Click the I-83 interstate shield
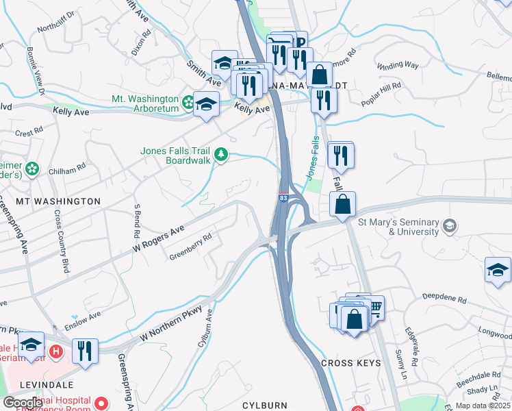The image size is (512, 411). tap(283, 198)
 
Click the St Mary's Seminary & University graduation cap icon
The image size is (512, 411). tap(450, 226)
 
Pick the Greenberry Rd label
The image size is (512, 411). tap(190, 247)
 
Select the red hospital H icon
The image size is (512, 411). tap(57, 352)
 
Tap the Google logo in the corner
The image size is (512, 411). tap(23, 402)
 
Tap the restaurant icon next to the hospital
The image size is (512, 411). tap(86, 351)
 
